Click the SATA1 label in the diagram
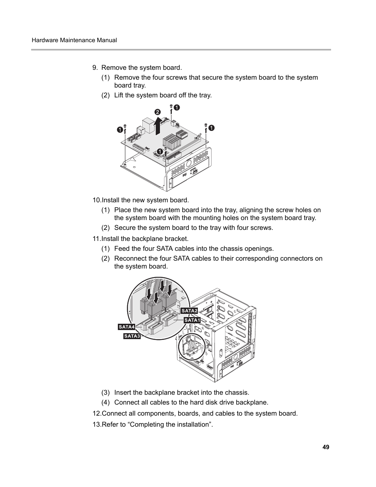[x=192, y=320]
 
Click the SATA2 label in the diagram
[x=189, y=311]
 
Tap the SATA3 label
[x=132, y=336]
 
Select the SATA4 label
[x=127, y=327]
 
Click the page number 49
[x=326, y=447]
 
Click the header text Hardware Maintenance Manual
[x=74, y=40]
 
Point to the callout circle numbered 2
[x=157, y=112]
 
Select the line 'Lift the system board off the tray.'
[x=163, y=95]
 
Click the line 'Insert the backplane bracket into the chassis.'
[x=181, y=392]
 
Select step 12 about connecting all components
[x=195, y=413]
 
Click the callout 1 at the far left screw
[x=119, y=130]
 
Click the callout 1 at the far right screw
[x=212, y=127]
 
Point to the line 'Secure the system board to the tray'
[x=193, y=228]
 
